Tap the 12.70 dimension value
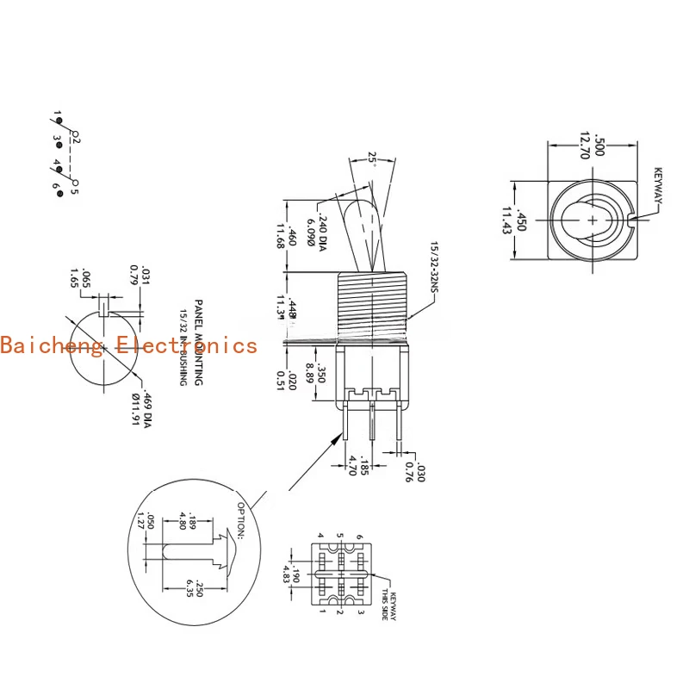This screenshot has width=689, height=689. tap(586, 146)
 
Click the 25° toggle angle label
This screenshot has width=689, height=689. tap(372, 158)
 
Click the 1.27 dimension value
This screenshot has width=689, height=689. tap(139, 519)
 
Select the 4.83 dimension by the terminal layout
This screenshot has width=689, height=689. tap(286, 574)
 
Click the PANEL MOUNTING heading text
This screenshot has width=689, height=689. tap(198, 342)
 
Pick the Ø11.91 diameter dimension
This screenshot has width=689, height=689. tap(134, 410)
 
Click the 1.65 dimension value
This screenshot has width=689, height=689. tap(74, 276)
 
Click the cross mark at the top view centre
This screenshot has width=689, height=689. tap(593, 220)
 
